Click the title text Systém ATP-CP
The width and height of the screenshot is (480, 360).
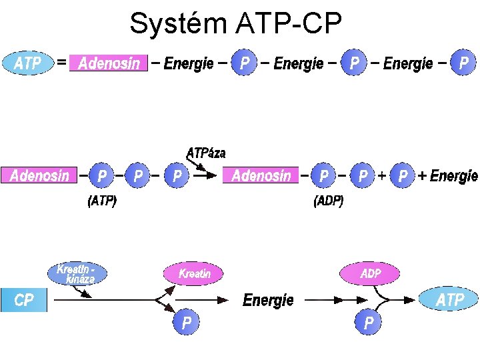pyautogui.click(x=235, y=24)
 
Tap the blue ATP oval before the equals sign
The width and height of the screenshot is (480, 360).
pyautogui.click(x=28, y=63)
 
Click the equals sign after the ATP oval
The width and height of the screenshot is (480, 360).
pyautogui.click(x=61, y=63)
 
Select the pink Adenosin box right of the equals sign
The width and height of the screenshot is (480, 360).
pyautogui.click(x=109, y=63)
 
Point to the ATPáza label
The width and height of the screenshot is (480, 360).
pyautogui.click(x=206, y=153)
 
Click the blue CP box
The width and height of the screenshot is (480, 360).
pyautogui.click(x=24, y=300)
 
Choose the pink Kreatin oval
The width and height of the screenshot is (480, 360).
pyautogui.click(x=194, y=273)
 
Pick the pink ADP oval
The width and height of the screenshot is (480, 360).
pyautogui.click(x=370, y=273)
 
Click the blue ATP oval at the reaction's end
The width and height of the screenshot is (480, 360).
pyautogui.click(x=449, y=300)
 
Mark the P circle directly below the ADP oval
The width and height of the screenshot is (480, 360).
pyautogui.click(x=368, y=323)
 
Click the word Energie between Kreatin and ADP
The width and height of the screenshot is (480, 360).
pyautogui.click(x=268, y=301)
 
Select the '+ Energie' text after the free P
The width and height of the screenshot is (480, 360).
pyautogui.click(x=448, y=176)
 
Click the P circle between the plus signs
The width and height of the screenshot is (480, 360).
pyautogui.click(x=403, y=176)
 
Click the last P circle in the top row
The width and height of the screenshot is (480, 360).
pyautogui.click(x=464, y=63)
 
